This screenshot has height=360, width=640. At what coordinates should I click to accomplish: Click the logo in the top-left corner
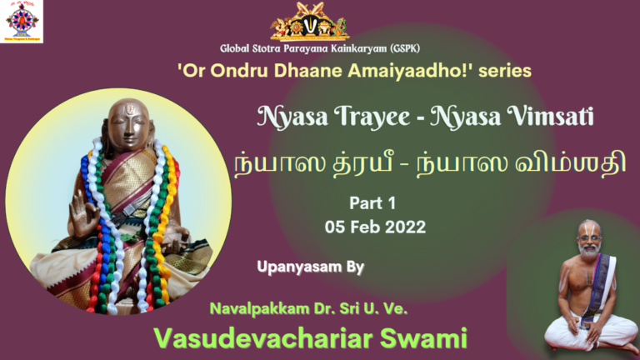(x=22, y=21)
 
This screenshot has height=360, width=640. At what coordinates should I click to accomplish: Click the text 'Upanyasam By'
(x=311, y=266)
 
